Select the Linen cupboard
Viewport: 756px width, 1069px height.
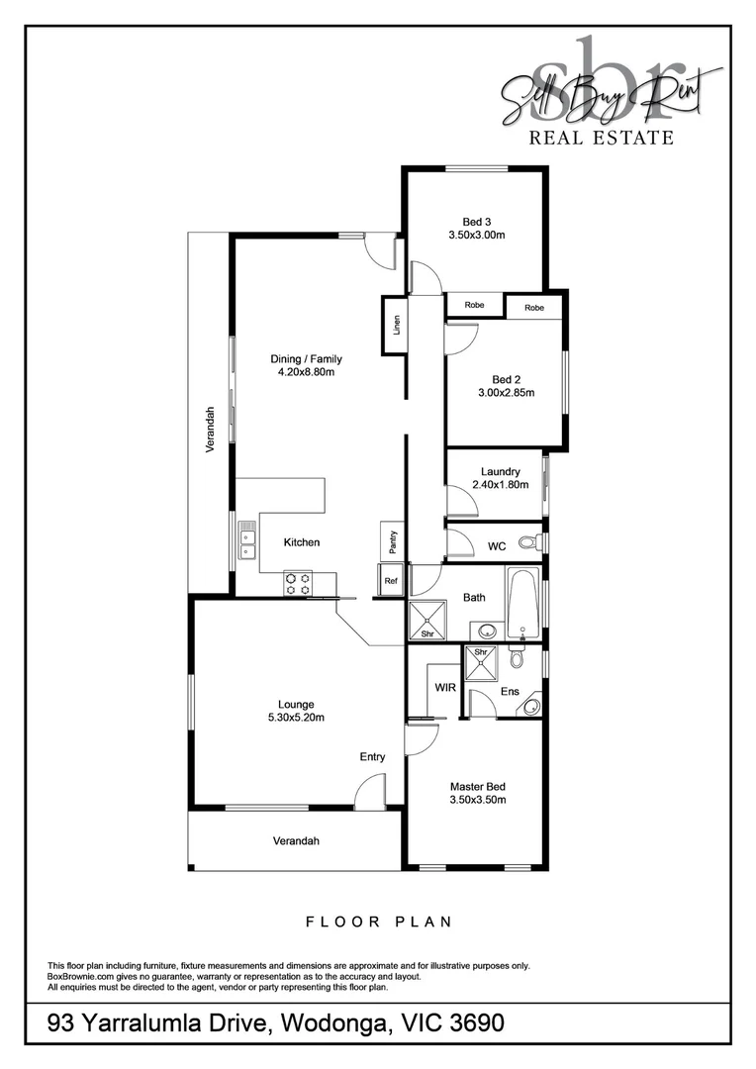click(x=396, y=325)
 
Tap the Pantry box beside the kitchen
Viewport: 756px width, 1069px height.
click(x=392, y=540)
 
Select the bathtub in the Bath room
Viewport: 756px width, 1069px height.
click(x=521, y=603)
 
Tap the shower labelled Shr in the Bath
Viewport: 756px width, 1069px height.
click(x=427, y=621)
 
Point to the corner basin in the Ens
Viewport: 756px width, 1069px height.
click(x=532, y=706)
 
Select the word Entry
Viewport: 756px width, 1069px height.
click(x=372, y=757)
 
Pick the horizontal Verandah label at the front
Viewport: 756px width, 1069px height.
click(x=297, y=841)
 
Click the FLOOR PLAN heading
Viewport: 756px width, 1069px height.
click(x=378, y=922)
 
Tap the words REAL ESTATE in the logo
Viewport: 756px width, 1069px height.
click(x=602, y=138)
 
